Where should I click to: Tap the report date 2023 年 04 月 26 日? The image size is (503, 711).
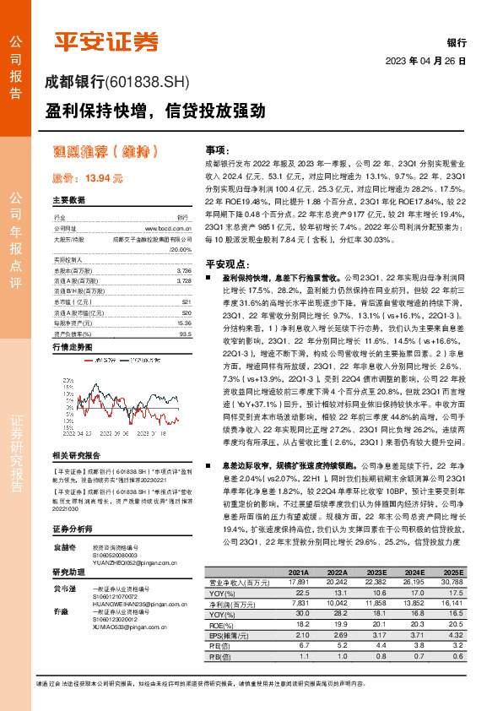425,62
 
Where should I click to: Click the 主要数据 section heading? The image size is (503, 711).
69,201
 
